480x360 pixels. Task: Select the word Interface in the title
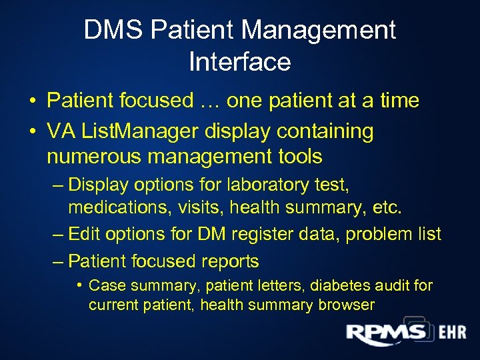tap(240, 62)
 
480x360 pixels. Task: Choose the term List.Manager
tap(139, 132)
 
